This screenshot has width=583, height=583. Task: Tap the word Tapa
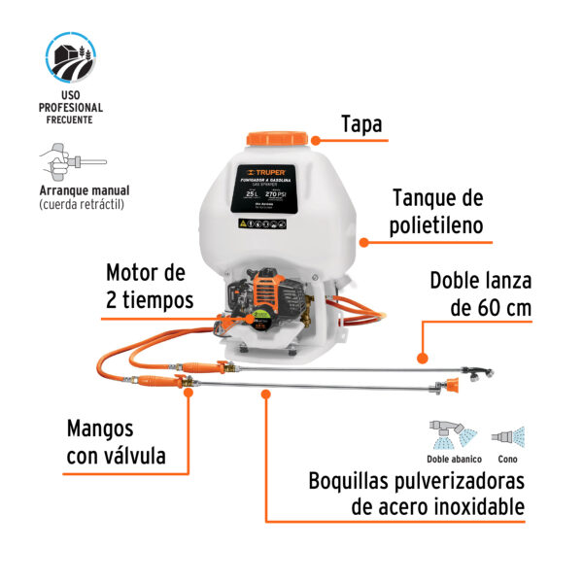click(361, 125)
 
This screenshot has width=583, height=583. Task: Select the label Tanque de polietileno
click(437, 214)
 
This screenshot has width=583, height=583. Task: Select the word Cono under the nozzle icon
click(506, 460)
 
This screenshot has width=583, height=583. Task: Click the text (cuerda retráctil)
click(82, 205)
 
